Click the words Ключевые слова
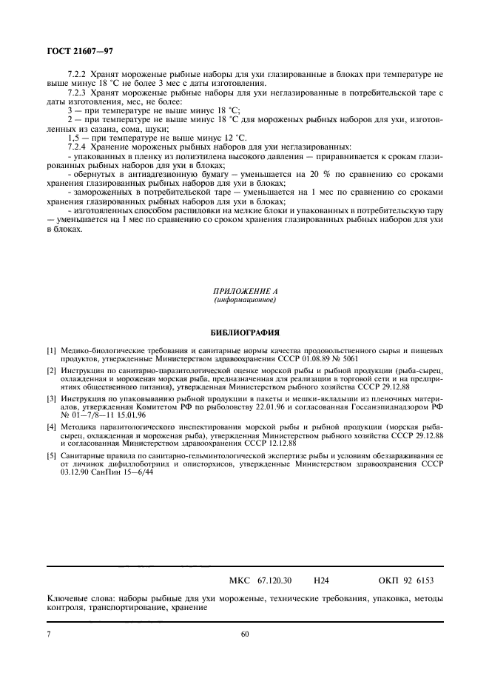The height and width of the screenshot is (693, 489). coord(76,598)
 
